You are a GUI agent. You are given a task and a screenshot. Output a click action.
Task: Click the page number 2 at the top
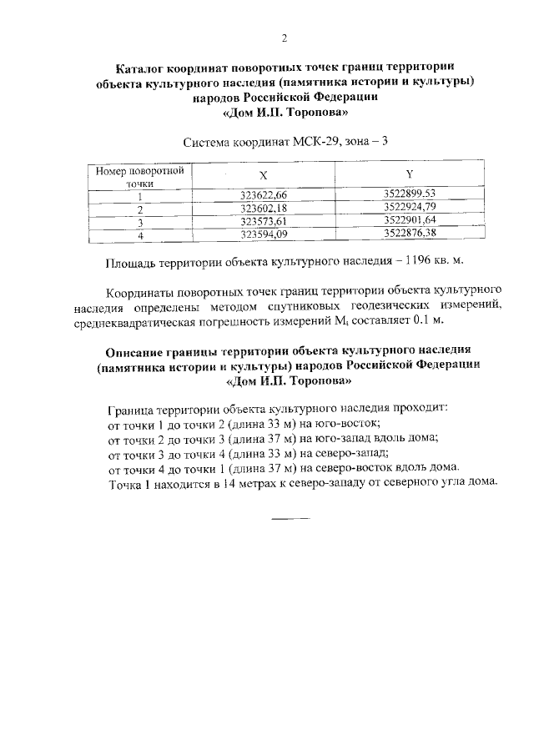pos(284,38)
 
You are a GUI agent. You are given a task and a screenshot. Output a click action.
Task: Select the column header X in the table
pos(263,176)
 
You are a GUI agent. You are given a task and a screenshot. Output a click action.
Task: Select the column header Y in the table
pos(410,174)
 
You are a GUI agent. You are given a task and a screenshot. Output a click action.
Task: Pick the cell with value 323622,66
pos(263,195)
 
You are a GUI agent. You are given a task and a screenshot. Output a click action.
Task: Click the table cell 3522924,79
pos(410,208)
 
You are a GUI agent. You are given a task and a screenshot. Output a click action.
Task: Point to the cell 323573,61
pos(263,222)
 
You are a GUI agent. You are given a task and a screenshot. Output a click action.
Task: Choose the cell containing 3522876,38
pos(410,234)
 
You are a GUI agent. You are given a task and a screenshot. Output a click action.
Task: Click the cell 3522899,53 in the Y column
pos(410,194)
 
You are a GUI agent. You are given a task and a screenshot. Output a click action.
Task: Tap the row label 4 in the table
pos(140,236)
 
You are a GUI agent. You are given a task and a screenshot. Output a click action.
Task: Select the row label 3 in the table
pos(140,223)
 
